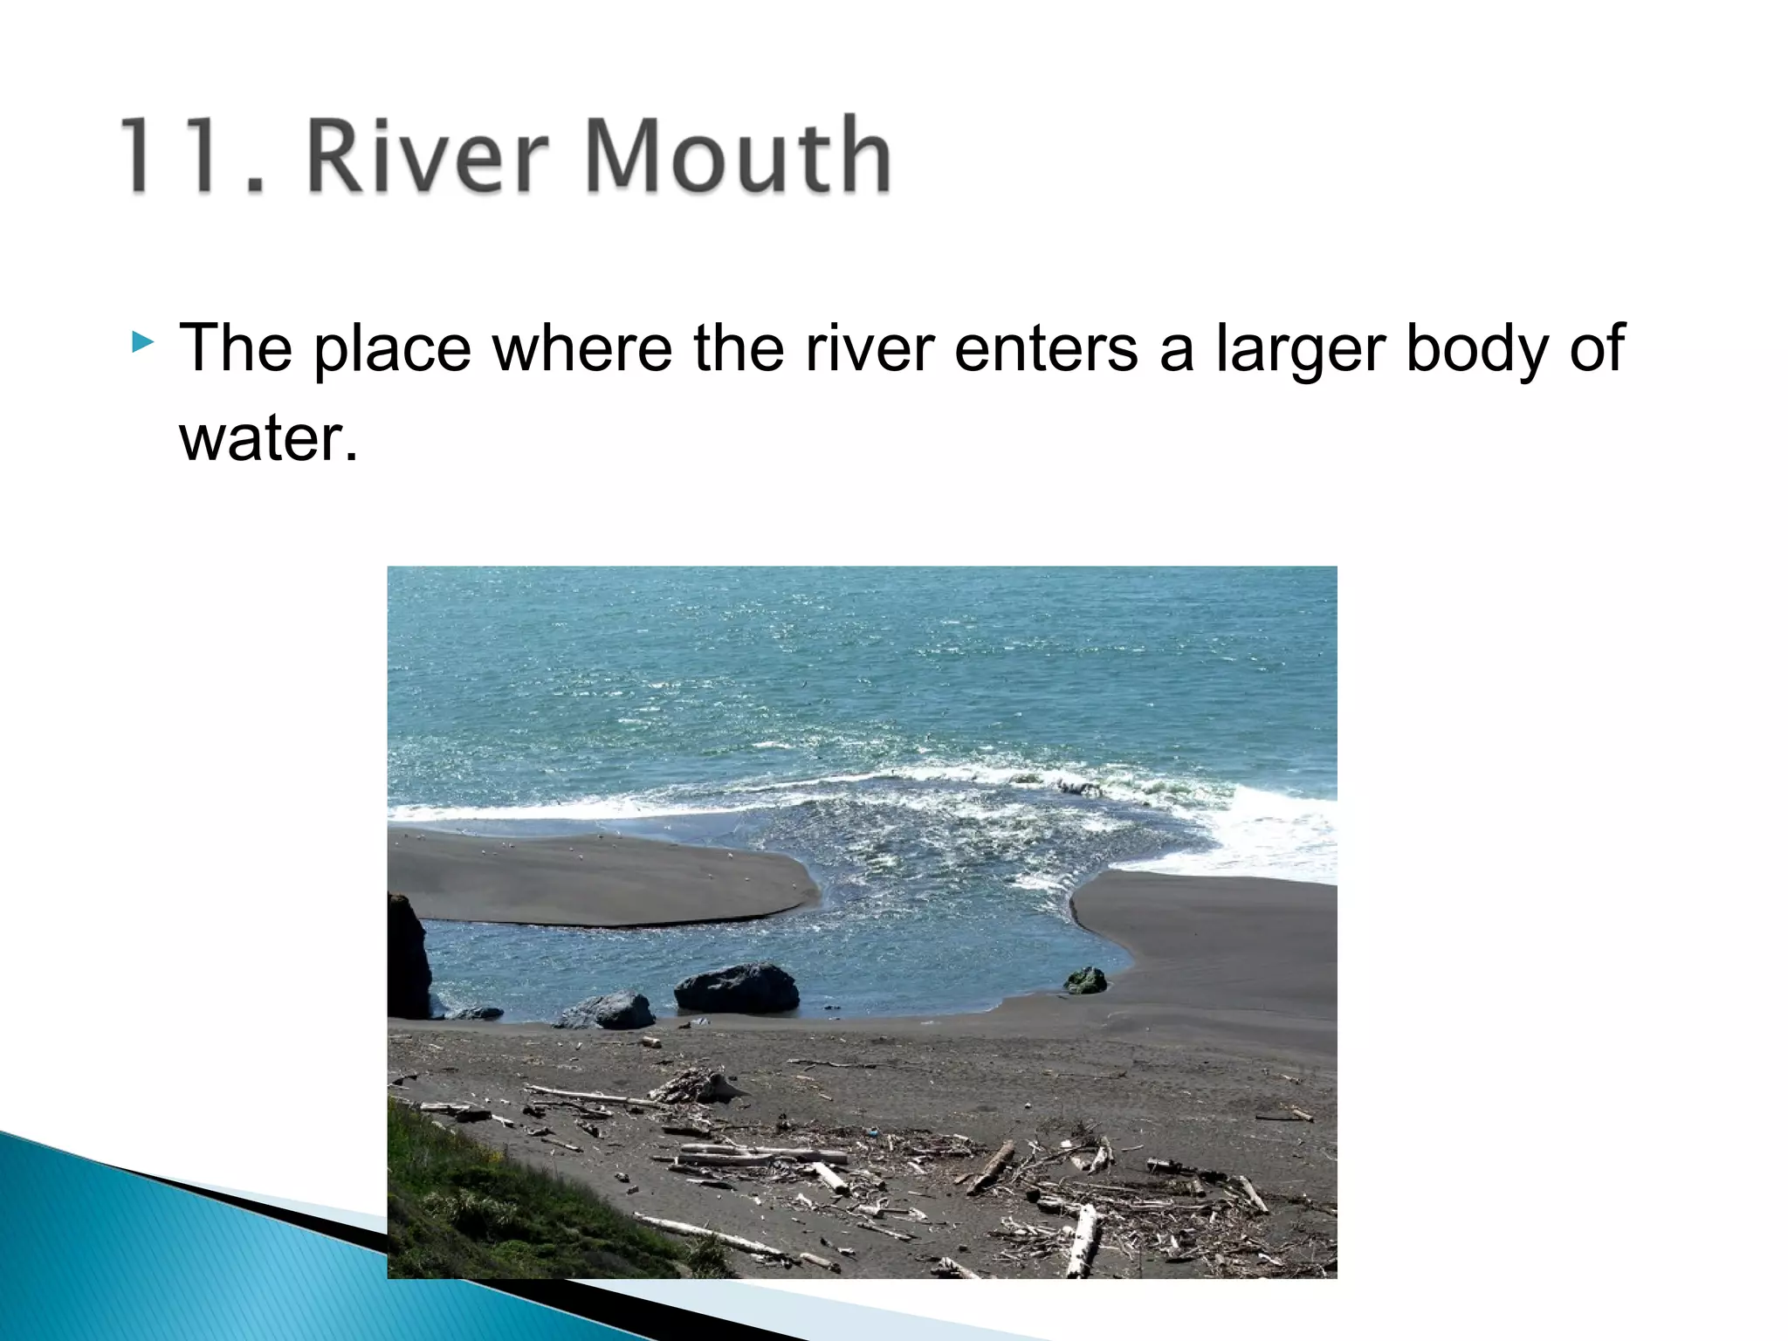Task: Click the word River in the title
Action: coord(428,155)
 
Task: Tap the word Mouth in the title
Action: coord(738,155)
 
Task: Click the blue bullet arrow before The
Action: coord(142,341)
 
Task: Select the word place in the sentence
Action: coord(392,349)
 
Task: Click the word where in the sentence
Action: coord(582,349)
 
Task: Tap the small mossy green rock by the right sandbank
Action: coord(1085,980)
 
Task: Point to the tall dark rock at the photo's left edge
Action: coord(407,956)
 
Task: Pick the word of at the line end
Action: coord(1597,349)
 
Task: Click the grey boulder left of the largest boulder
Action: coord(611,1010)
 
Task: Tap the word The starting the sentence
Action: coord(235,349)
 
